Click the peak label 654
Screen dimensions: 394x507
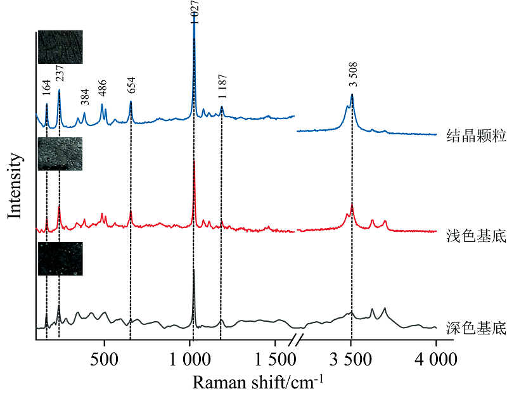click(x=131, y=85)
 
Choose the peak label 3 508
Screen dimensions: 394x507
click(x=353, y=74)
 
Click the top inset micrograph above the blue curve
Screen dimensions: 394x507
click(x=60, y=47)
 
